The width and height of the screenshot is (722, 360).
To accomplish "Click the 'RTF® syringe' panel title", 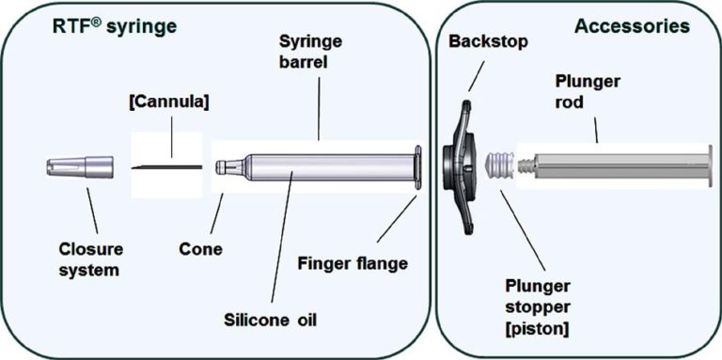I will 114,27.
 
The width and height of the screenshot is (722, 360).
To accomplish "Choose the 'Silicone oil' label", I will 272,319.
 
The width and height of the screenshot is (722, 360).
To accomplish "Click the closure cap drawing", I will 80,167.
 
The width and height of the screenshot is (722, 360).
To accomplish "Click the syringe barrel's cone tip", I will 224,167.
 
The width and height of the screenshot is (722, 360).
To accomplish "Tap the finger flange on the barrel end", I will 416,169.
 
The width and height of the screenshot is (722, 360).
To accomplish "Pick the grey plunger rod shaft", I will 620,167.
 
